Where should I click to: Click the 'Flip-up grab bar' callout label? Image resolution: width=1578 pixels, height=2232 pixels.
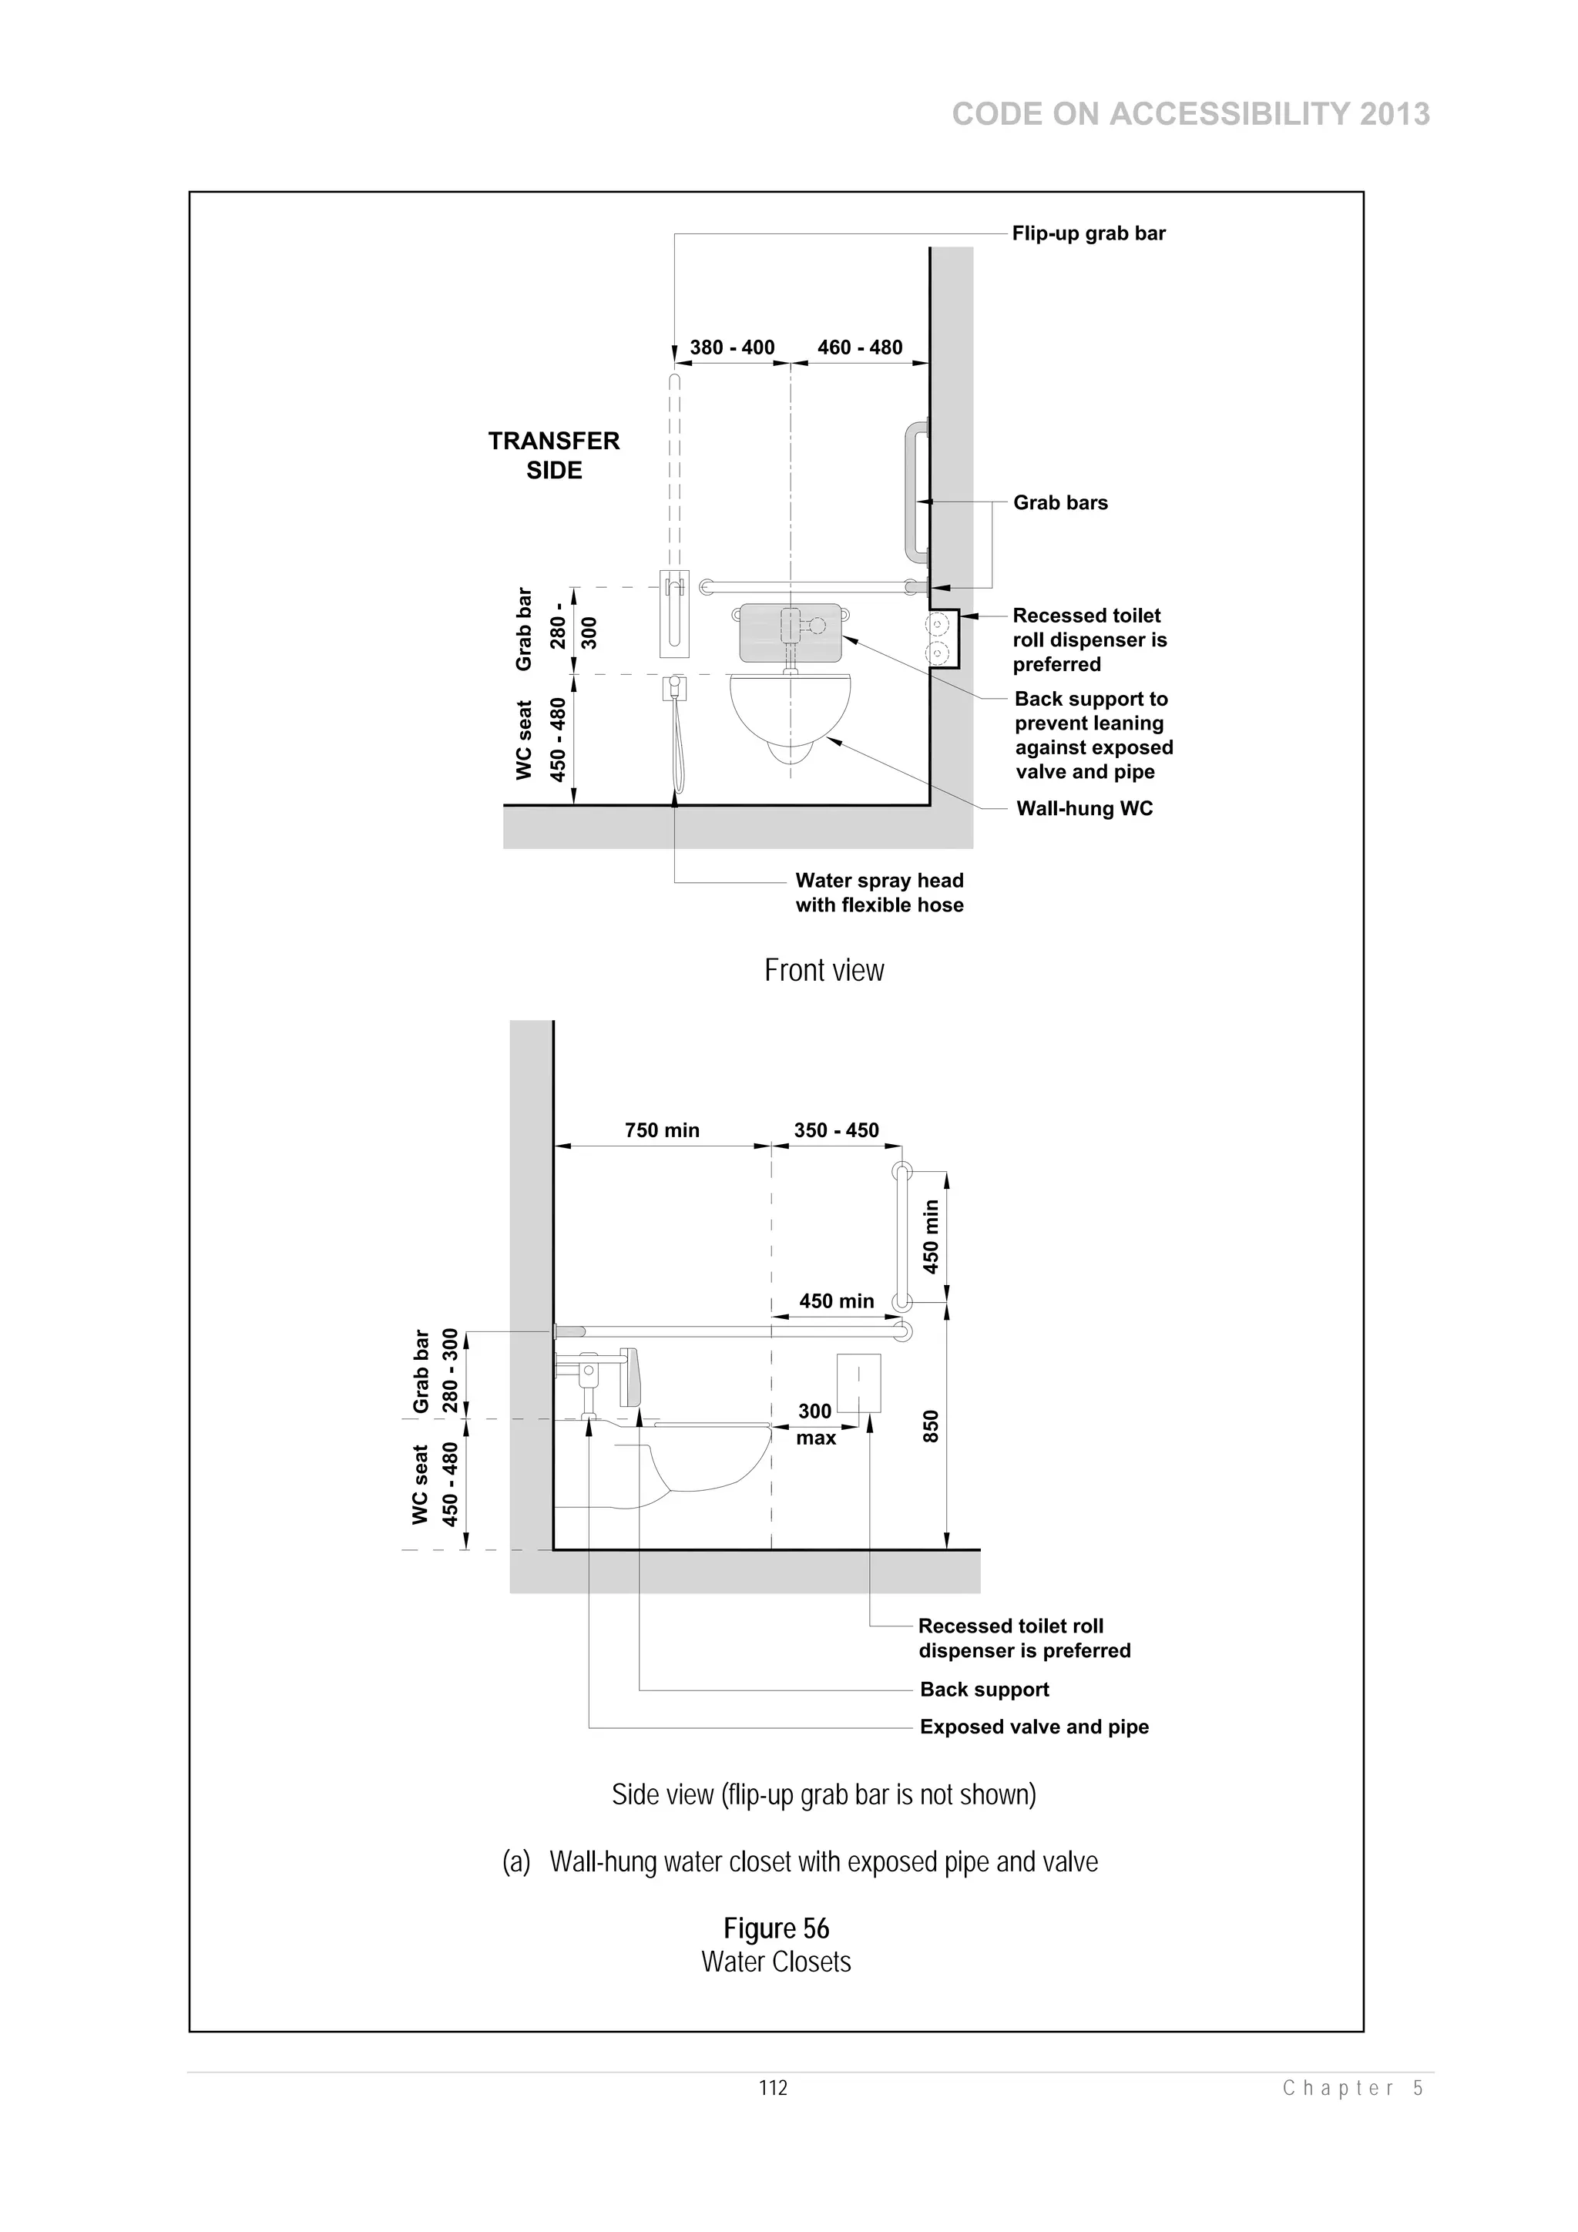pos(1088,233)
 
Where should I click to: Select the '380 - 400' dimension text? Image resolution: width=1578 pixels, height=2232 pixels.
pos(731,347)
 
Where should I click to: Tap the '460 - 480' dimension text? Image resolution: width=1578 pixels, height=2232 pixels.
pos(859,347)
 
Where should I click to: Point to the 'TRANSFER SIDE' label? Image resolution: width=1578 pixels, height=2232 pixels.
pos(553,455)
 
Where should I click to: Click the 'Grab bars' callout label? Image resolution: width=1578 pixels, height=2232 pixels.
pos(1059,502)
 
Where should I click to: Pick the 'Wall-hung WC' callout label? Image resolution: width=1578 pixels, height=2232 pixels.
pos(1084,809)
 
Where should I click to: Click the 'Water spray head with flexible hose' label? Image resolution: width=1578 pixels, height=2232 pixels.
pos(879,892)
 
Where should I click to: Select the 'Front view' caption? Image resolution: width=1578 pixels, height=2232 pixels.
pos(824,970)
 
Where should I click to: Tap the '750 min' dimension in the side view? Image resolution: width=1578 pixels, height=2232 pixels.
pos(661,1129)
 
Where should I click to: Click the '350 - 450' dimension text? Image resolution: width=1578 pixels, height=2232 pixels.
pos(836,1129)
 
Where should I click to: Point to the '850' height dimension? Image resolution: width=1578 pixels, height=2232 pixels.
pos(931,1426)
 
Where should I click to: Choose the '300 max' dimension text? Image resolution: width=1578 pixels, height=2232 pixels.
pos(816,1424)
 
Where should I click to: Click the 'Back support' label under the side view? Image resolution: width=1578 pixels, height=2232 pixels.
pos(984,1690)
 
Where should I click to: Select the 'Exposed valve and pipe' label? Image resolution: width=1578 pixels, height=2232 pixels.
pos(1033,1727)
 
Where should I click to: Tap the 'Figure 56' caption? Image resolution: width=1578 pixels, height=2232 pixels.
pos(776,1928)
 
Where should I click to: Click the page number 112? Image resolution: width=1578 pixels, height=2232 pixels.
pos(773,2088)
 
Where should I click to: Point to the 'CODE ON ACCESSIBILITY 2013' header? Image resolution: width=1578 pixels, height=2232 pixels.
pos(1190,115)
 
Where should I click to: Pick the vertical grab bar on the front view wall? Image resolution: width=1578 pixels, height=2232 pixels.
pos(912,493)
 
